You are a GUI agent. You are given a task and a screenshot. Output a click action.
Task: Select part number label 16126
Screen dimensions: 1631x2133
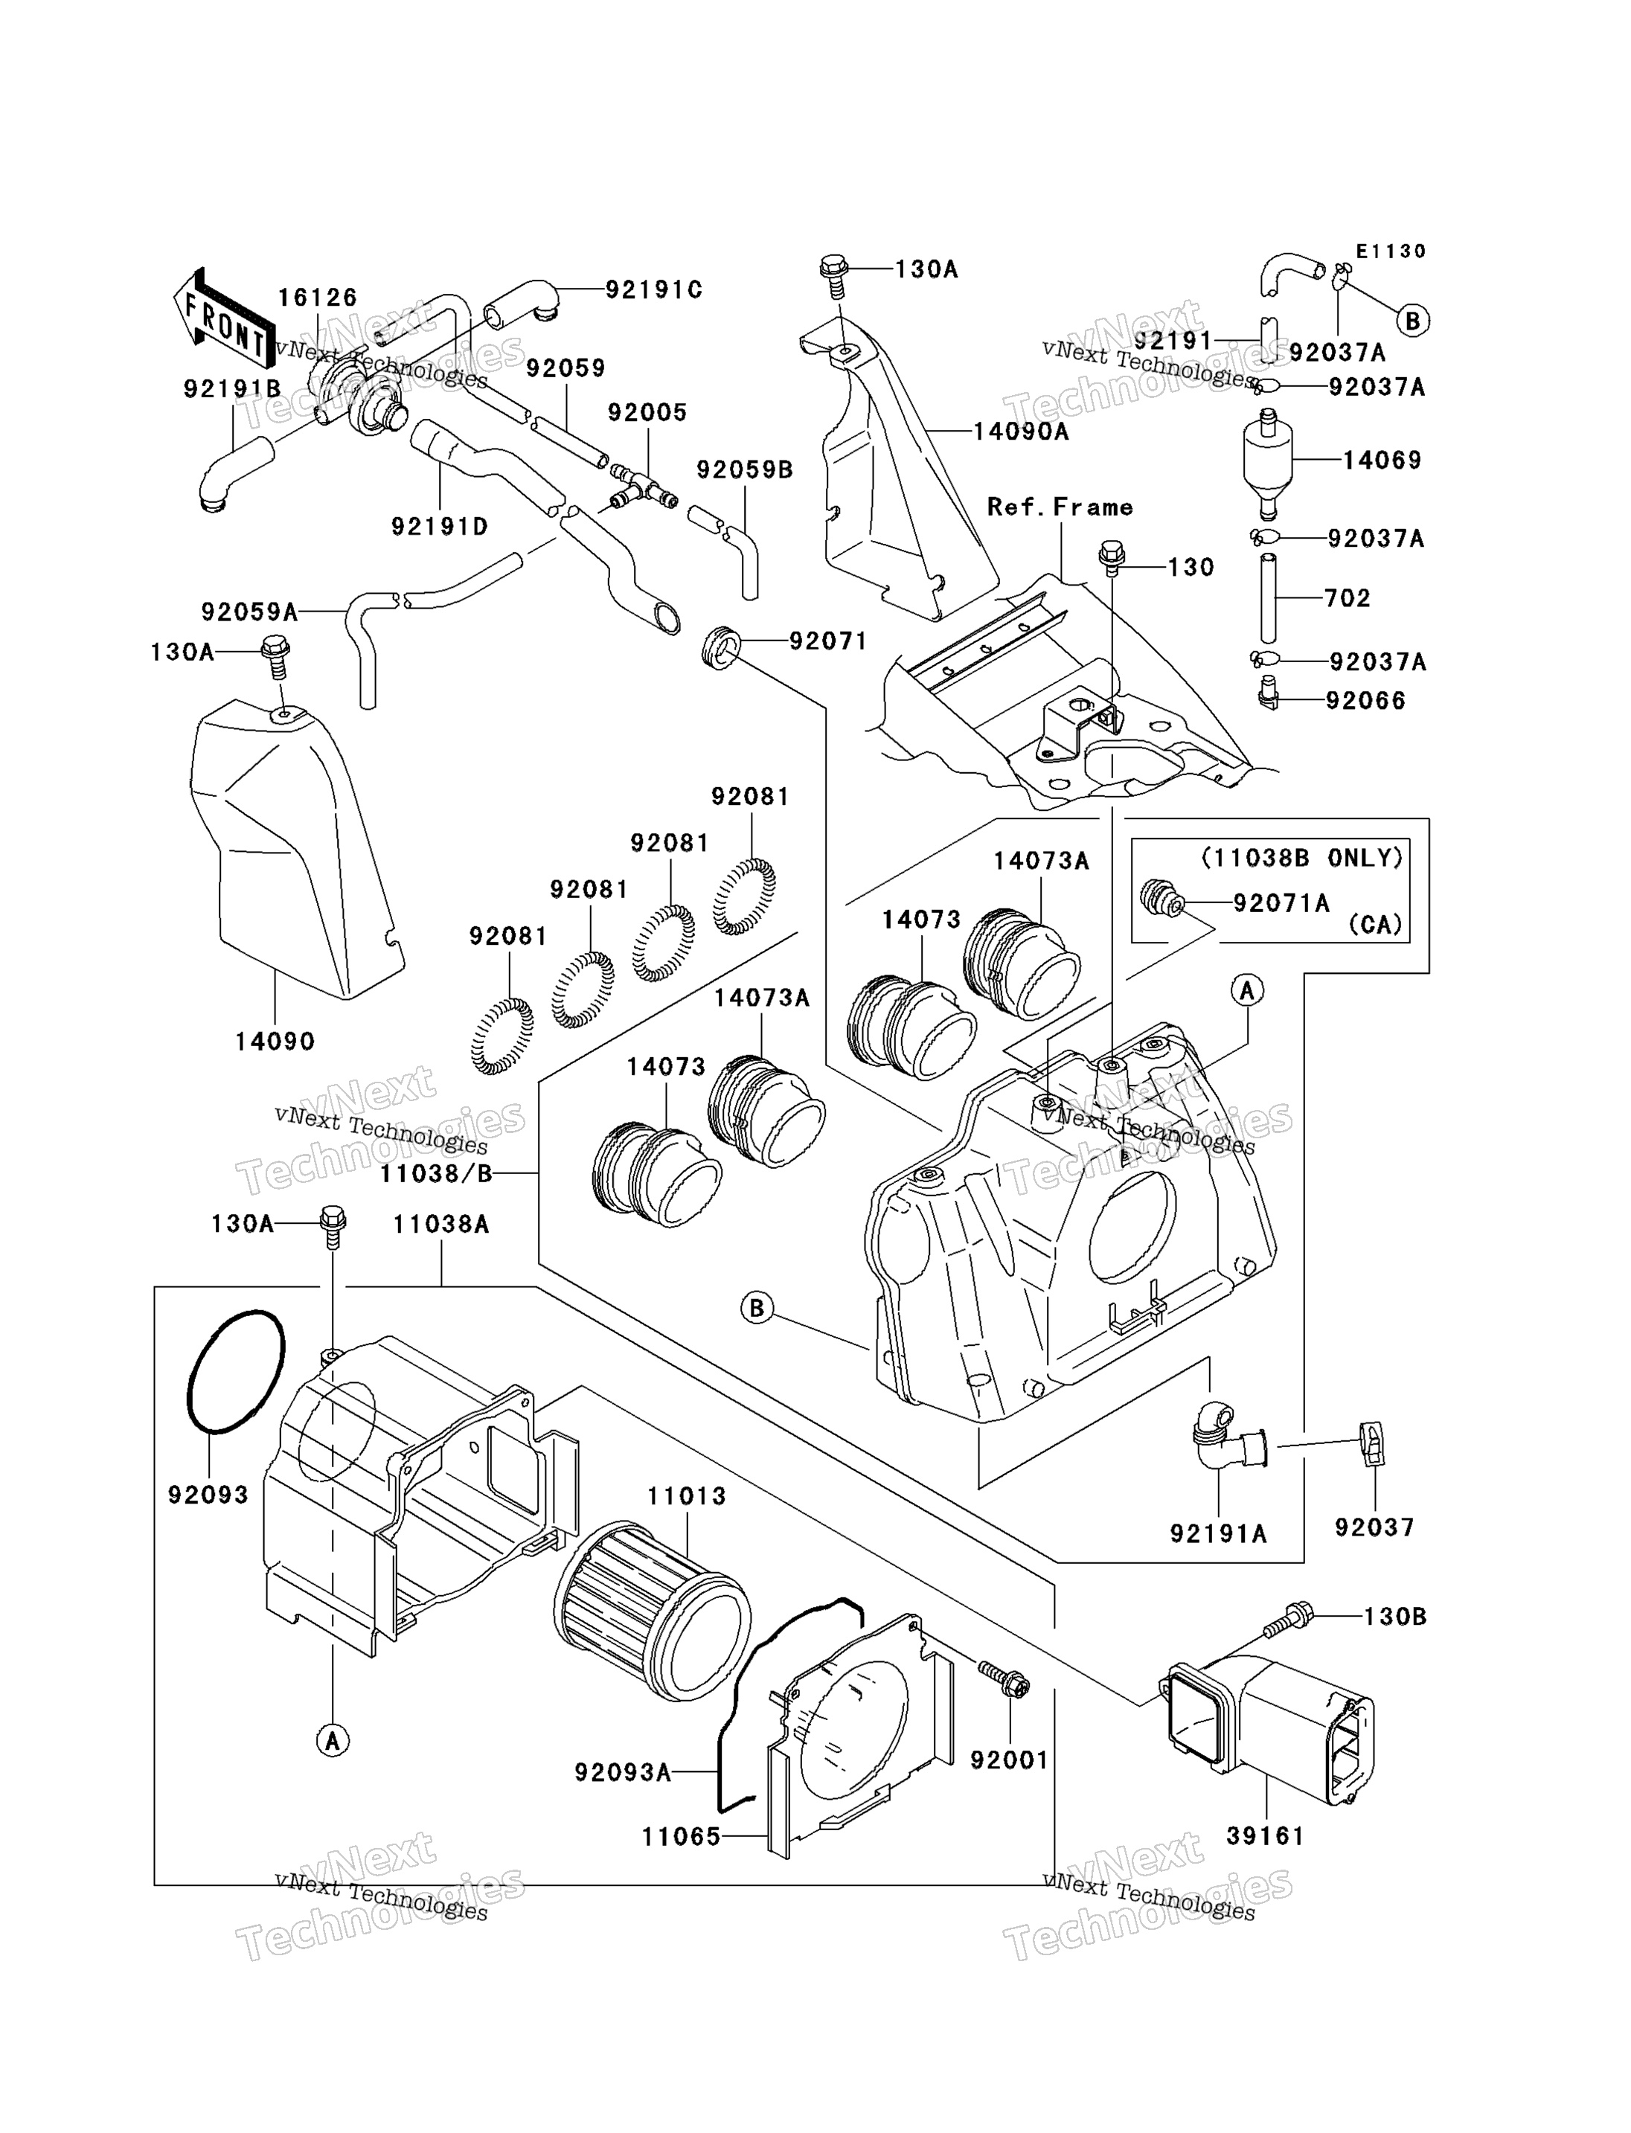pyautogui.click(x=318, y=298)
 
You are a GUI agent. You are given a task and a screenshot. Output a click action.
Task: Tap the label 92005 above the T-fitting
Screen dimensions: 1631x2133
pyautogui.click(x=647, y=413)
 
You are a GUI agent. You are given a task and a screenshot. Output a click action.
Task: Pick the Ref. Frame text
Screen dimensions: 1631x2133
pyautogui.click(x=1060, y=507)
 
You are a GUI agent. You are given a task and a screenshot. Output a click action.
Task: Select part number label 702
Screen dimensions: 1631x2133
pyautogui.click(x=1348, y=598)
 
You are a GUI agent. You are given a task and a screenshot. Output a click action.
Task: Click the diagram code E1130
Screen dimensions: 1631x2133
pyautogui.click(x=1391, y=251)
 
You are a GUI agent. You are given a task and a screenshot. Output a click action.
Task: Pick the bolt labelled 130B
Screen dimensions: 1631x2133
pyautogui.click(x=1287, y=1618)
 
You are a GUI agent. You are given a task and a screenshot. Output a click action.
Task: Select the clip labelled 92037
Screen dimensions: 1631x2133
pyautogui.click(x=1372, y=1443)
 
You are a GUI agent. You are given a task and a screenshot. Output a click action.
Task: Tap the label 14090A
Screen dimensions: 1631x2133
pyautogui.click(x=1022, y=431)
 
